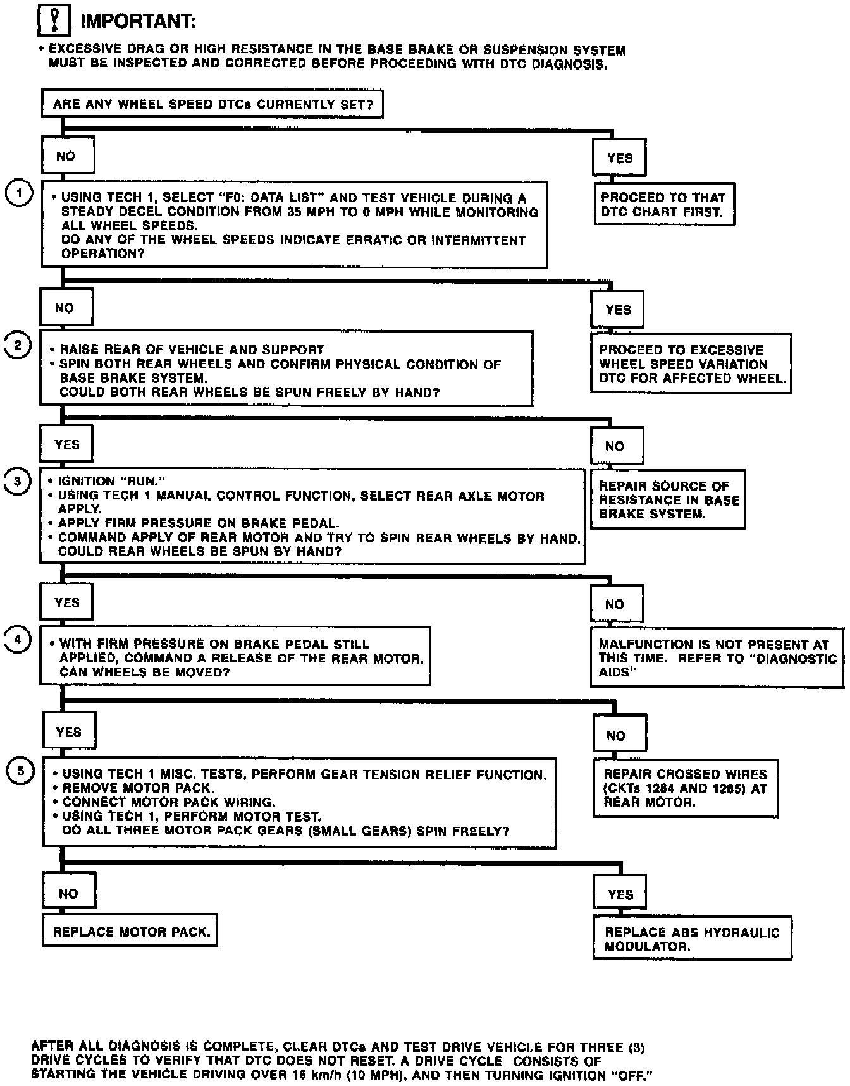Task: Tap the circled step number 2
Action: click(18, 346)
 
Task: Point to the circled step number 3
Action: click(18, 482)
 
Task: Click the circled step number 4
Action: click(18, 639)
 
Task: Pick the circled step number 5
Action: click(20, 771)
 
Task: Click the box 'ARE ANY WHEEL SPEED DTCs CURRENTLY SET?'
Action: click(212, 104)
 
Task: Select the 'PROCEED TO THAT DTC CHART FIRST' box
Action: click(663, 204)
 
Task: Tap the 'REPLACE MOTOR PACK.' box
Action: click(130, 931)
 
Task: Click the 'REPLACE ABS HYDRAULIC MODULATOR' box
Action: click(692, 939)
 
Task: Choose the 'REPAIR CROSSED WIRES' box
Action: click(686, 788)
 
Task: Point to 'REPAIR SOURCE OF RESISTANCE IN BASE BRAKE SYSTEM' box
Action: click(668, 499)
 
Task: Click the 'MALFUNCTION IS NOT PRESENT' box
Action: click(717, 657)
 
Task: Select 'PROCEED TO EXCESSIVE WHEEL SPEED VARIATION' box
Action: click(691, 363)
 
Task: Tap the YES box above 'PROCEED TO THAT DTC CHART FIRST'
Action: click(619, 158)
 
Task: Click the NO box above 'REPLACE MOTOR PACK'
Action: click(69, 893)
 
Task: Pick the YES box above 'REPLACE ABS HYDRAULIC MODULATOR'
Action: click(620, 894)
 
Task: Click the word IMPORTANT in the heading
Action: click(138, 21)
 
